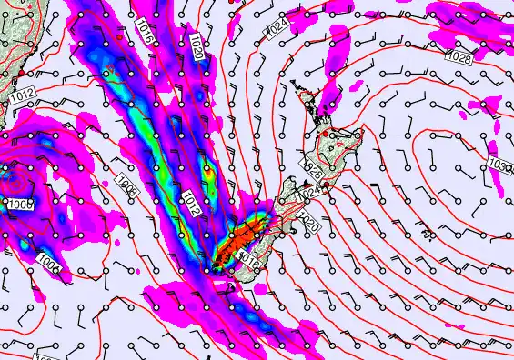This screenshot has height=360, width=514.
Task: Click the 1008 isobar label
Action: [127, 188]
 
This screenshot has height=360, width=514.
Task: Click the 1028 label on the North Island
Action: [313, 169]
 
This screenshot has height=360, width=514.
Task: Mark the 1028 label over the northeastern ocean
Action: [459, 56]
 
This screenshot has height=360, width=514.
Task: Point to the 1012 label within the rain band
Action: [191, 205]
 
